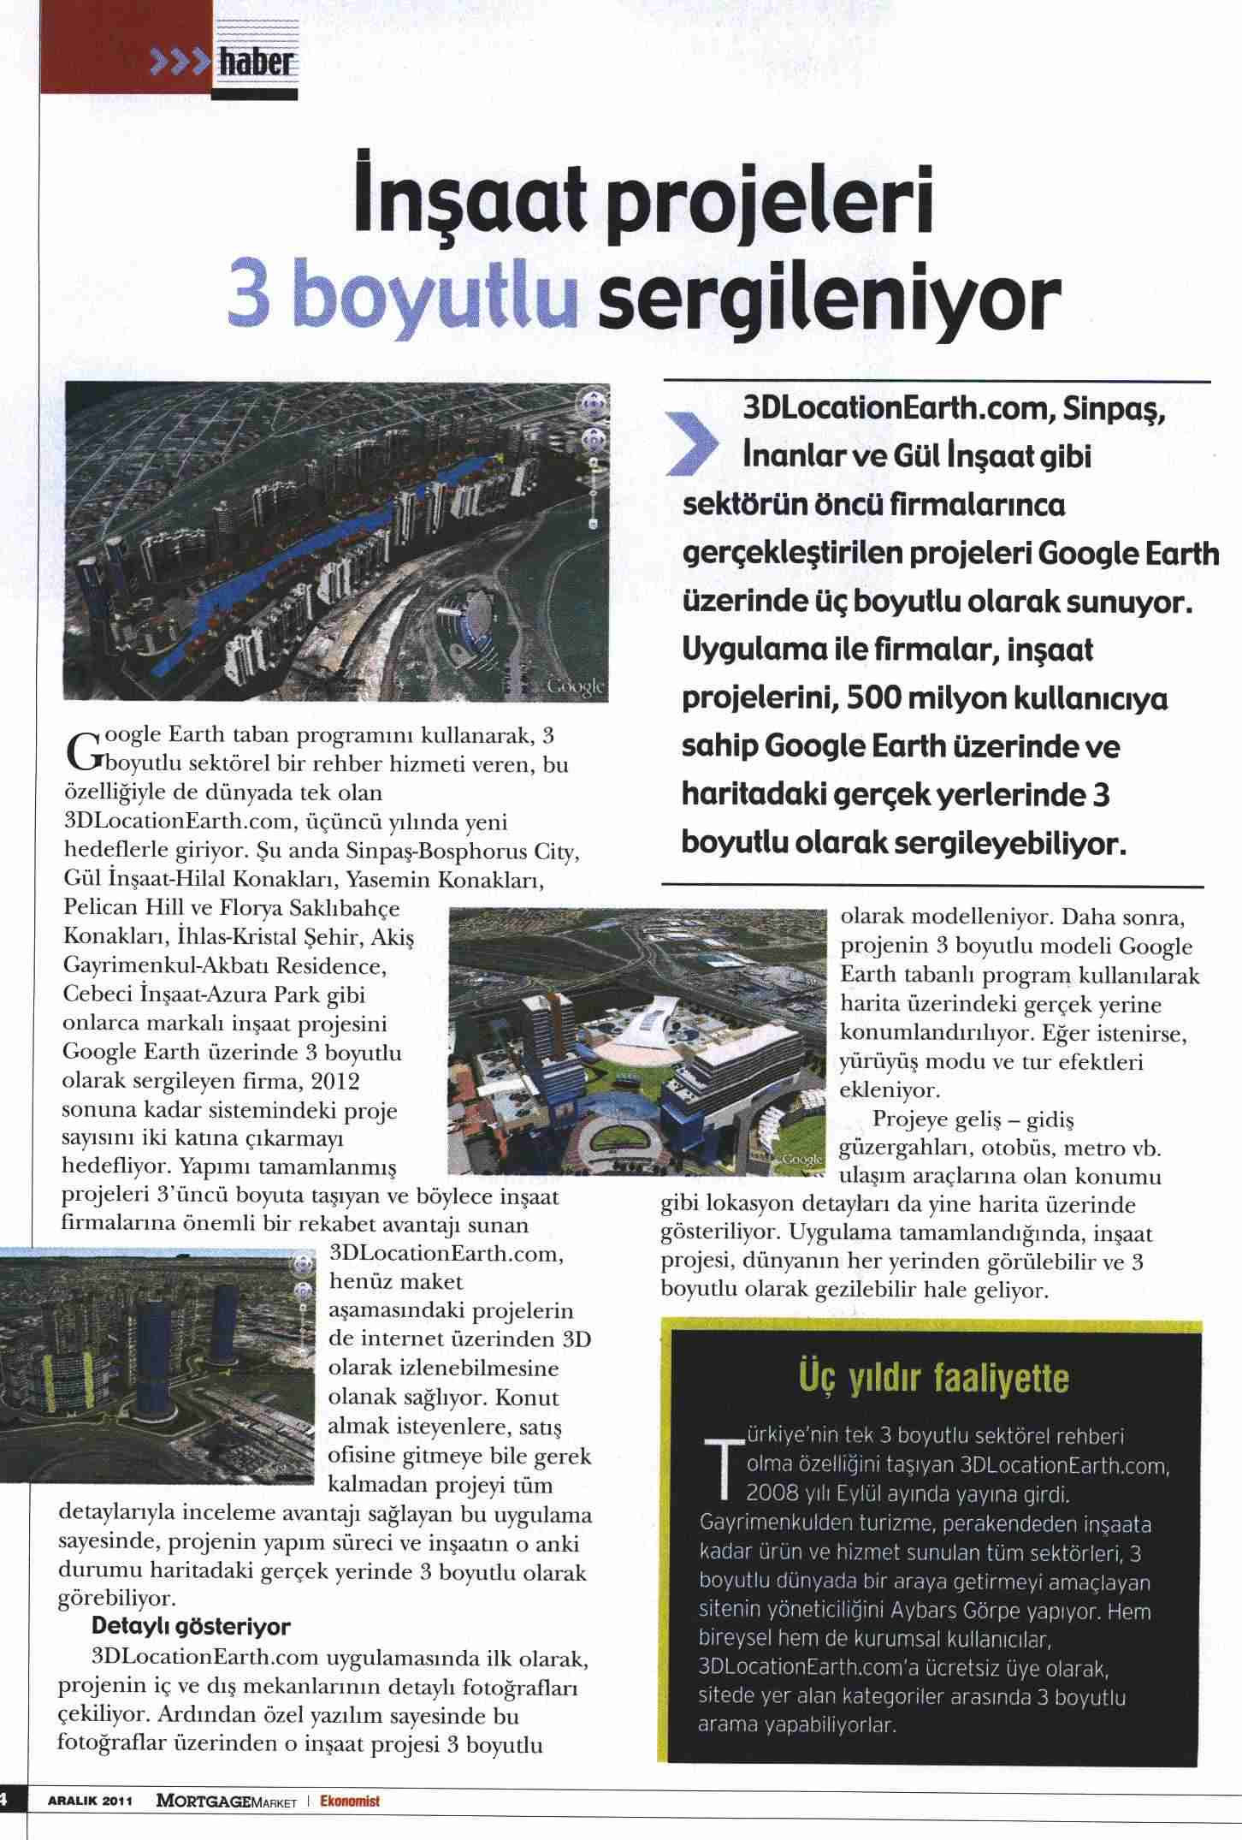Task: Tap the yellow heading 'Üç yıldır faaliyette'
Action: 933,1378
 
